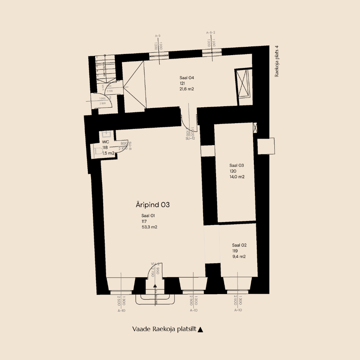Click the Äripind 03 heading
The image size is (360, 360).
tap(153, 205)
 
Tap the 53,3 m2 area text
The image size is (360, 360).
tap(150, 228)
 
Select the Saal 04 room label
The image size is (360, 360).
tap(187, 78)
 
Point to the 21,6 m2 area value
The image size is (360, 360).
tap(186, 89)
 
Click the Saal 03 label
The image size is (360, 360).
tap(237, 166)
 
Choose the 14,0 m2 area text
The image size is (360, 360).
tap(237, 177)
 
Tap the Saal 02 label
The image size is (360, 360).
tap(239, 246)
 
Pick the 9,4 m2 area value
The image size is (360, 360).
tap(239, 257)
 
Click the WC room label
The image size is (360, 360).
tap(105, 142)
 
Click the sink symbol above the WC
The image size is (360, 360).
tap(106, 134)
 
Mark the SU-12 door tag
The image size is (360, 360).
tap(190, 138)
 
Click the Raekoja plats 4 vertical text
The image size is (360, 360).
tap(277, 62)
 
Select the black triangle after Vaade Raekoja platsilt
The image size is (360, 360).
tap(201, 329)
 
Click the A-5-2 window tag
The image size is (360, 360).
tap(211, 33)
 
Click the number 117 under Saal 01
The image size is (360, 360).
tap(144, 222)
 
